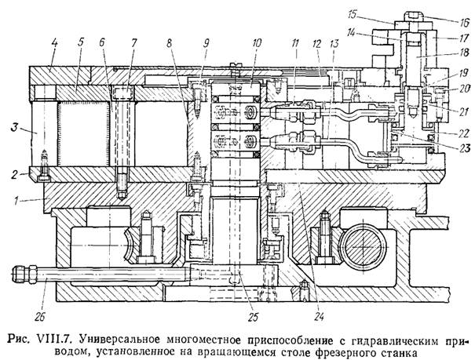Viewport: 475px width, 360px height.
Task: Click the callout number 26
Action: click(x=40, y=317)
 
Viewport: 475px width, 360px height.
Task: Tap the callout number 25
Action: click(x=253, y=317)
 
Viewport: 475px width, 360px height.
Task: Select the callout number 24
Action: click(x=320, y=317)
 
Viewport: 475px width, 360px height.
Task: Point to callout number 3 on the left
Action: click(x=14, y=127)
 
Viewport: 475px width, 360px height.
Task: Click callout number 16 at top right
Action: click(x=463, y=22)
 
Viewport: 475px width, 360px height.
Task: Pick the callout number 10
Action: click(x=257, y=43)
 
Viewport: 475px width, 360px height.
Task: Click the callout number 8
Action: click(x=169, y=43)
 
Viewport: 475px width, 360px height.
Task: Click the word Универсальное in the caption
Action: click(x=119, y=341)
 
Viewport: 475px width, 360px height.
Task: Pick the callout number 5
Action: click(x=80, y=43)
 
